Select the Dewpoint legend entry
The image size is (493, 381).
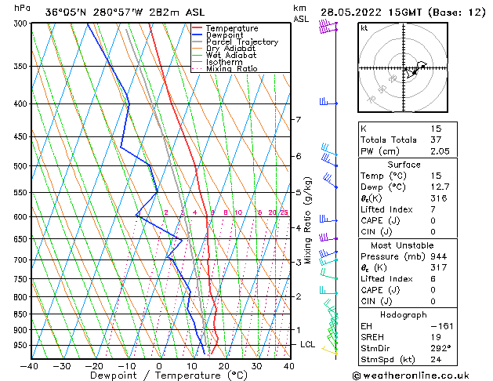[x=225, y=35]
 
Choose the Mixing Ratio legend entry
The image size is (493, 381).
[x=231, y=69]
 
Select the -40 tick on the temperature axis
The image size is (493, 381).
[x=30, y=366]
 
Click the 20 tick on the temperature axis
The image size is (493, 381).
[x=224, y=366]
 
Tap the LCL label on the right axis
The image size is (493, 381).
[x=306, y=345]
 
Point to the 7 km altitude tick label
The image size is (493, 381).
[x=298, y=119]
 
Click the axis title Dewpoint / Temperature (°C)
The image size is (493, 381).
[x=159, y=376]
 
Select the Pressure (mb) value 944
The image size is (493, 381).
[x=436, y=256]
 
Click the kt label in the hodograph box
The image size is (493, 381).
[x=364, y=27]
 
